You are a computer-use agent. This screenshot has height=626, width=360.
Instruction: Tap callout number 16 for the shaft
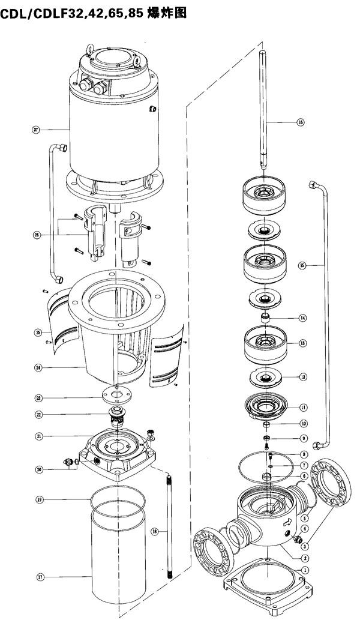click(x=301, y=122)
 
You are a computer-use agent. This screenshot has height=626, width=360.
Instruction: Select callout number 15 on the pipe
click(x=302, y=265)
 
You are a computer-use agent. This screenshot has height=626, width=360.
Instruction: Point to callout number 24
click(x=38, y=367)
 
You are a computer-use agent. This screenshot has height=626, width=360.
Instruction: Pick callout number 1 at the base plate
click(x=304, y=570)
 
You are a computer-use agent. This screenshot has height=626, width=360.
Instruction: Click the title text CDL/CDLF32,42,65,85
click(x=72, y=13)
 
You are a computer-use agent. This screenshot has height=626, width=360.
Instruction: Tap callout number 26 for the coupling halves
click(x=37, y=235)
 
